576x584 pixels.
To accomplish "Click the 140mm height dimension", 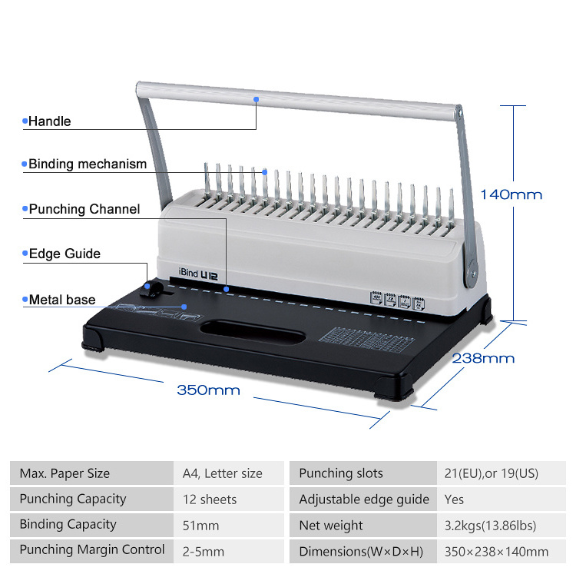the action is pos(511,194).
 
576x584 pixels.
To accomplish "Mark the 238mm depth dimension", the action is pos(483,358).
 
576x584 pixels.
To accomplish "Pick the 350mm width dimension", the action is pos(208,390).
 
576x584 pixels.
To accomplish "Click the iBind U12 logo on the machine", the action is pos(198,274).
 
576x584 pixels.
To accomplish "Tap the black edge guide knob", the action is pos(152,290).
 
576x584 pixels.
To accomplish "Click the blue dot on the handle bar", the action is pos(257,99).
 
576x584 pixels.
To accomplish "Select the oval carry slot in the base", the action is pos(253,331).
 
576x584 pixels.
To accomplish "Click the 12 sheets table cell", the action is pos(210,499).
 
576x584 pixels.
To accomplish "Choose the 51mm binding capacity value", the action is pos(200,526).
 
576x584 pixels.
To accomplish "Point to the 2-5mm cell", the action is pos(204,552).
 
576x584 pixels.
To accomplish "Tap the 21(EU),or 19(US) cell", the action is pos(491,473).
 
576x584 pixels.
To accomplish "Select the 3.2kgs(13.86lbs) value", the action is pos(490,526).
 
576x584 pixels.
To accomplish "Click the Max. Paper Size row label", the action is pos(65,473).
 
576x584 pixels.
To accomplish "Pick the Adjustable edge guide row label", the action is pos(364,499).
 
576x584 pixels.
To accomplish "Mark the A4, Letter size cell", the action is pos(222,473).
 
